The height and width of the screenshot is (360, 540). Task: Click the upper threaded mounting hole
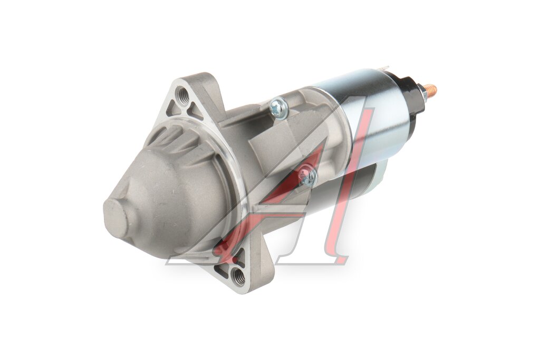181,94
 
